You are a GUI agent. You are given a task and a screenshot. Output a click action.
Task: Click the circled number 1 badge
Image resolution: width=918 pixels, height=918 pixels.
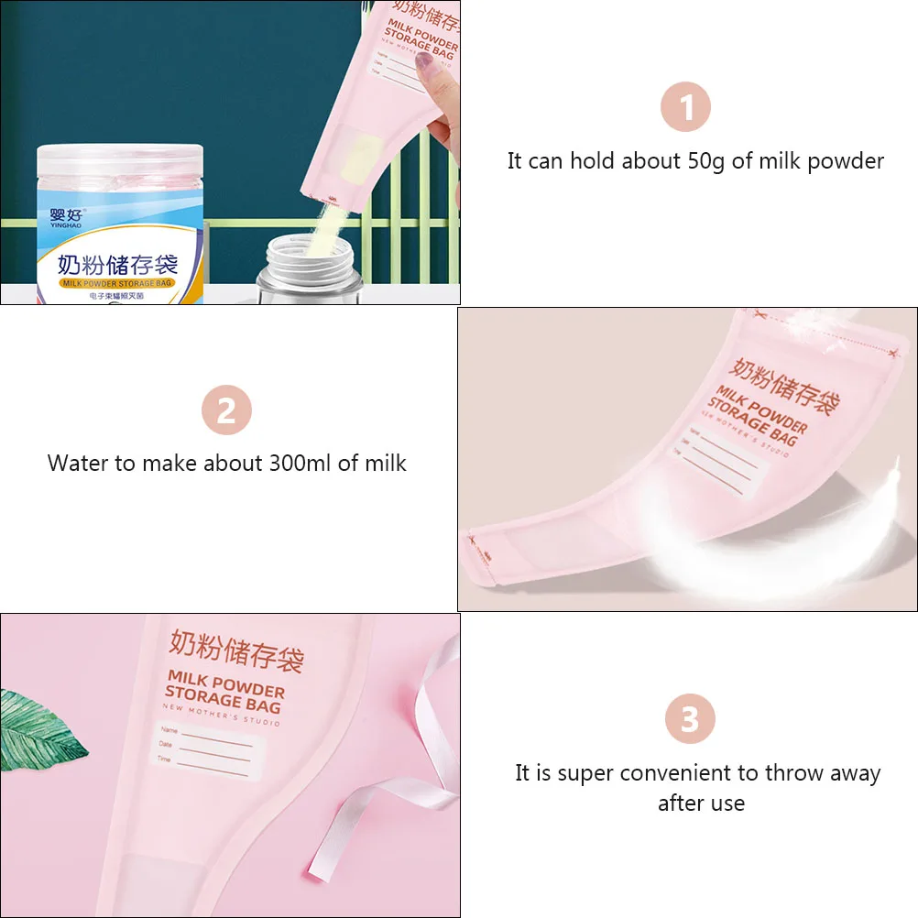[x=685, y=107]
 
